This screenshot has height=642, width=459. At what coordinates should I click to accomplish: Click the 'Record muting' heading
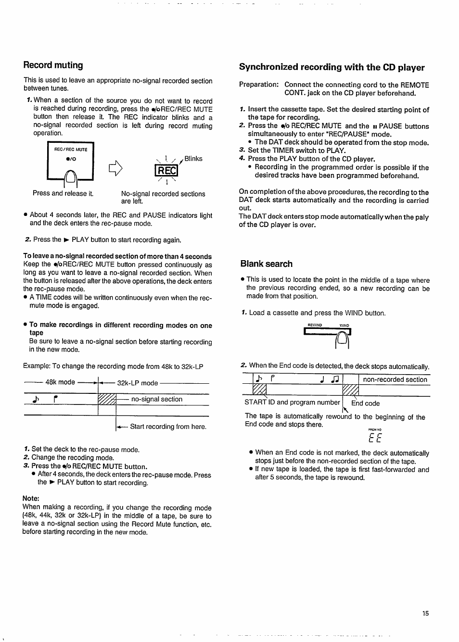[53, 65]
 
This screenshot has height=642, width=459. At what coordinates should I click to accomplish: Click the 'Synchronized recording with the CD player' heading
[331, 67]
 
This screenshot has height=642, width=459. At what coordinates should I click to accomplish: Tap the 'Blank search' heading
[266, 264]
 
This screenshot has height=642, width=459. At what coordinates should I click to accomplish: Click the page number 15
[425, 613]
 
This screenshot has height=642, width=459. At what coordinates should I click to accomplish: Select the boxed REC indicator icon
[166, 171]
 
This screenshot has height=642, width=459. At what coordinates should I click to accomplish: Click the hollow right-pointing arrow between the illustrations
[115, 168]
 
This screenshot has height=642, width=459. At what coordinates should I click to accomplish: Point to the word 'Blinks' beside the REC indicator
[193, 159]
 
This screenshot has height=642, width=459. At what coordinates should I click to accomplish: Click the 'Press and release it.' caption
[63, 193]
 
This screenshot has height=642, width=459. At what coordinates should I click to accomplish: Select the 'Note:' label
[31, 498]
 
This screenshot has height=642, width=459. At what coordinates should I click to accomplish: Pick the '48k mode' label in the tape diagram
[60, 382]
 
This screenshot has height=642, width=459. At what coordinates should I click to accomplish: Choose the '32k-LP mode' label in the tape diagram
[138, 383]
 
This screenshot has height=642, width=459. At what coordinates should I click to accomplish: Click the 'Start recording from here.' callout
[168, 427]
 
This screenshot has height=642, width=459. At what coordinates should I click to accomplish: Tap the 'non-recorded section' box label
[395, 379]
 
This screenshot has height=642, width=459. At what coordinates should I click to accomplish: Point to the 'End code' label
[366, 403]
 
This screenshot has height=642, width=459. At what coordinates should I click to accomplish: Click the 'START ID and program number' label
[292, 403]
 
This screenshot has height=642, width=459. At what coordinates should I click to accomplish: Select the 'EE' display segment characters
[375, 438]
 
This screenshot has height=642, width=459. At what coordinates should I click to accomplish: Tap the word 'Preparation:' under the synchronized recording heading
[259, 85]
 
